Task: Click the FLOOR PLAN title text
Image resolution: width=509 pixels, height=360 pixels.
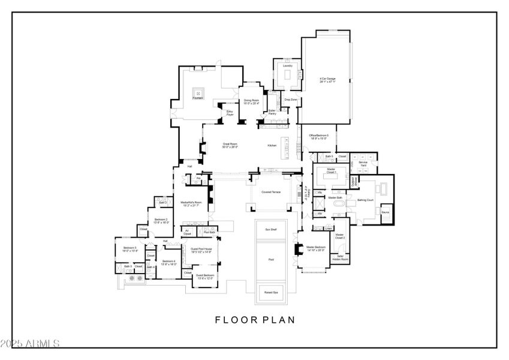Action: (x=255, y=320)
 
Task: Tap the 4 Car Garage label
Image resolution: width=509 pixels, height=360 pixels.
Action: (x=327, y=79)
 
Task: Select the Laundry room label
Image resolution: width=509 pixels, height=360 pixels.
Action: (x=287, y=65)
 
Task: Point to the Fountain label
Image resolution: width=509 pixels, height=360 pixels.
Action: (x=198, y=98)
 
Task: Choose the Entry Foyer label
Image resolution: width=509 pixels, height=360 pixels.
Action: (x=230, y=112)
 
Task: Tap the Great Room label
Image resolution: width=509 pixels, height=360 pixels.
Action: (x=231, y=145)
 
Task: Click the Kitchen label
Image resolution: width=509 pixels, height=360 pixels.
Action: (x=273, y=146)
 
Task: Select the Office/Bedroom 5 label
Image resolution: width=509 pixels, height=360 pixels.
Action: (x=319, y=136)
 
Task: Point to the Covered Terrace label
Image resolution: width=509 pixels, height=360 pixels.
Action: (x=271, y=192)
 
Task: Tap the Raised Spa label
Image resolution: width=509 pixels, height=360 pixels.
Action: (x=271, y=292)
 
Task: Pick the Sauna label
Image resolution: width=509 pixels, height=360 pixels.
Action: (x=385, y=212)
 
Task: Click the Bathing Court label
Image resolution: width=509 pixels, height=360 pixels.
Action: (x=366, y=199)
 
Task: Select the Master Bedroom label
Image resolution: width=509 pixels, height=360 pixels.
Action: (x=316, y=248)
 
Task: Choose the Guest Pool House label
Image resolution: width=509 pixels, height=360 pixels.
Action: (x=201, y=250)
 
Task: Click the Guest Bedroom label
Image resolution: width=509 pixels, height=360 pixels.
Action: (x=205, y=276)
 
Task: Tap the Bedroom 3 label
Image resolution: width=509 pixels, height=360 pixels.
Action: (x=130, y=248)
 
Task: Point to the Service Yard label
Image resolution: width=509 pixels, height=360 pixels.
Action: (x=363, y=163)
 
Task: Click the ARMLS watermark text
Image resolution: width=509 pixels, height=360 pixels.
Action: (x=30, y=344)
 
